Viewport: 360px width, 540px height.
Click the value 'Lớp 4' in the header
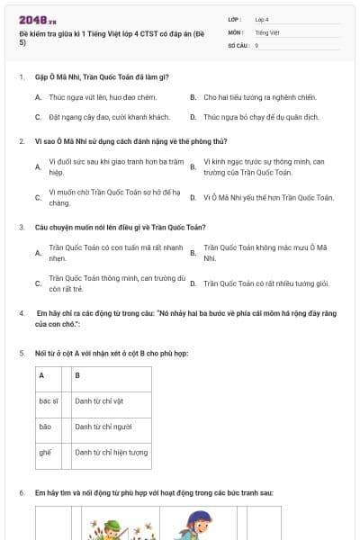[x=262, y=19]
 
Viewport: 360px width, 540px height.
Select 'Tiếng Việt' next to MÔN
[x=267, y=31]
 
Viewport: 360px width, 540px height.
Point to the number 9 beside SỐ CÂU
[x=257, y=45]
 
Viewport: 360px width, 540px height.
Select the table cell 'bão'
[x=45, y=426]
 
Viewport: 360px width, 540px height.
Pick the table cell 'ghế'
[x=45, y=452]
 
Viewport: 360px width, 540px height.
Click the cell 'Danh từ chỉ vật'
[x=100, y=400]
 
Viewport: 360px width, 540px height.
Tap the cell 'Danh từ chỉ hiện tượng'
[x=111, y=452]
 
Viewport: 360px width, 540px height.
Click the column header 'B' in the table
[x=77, y=374]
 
